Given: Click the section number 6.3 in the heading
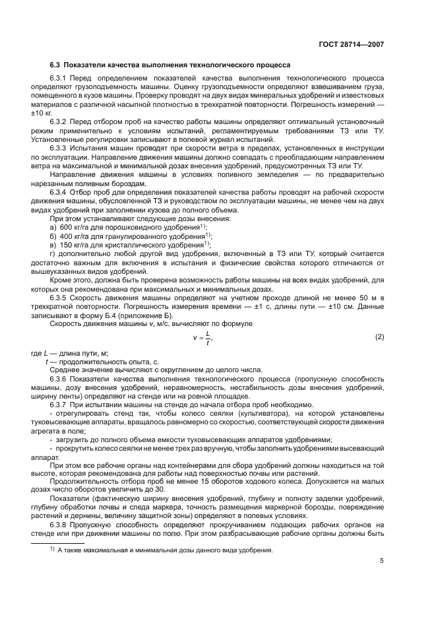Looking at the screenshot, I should (56, 65).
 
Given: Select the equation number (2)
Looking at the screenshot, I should (379, 337).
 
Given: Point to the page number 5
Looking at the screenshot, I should (381, 562).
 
